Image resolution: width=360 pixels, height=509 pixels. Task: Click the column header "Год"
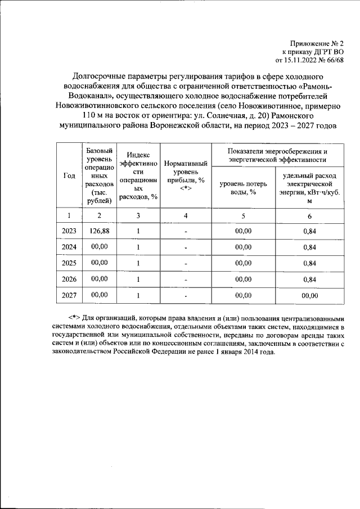point(69,175)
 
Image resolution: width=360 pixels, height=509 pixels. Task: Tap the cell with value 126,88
point(99,231)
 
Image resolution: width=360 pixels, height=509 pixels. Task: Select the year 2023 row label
point(69,231)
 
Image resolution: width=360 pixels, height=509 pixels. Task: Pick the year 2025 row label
point(69,263)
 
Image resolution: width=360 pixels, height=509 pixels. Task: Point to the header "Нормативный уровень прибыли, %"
point(186,175)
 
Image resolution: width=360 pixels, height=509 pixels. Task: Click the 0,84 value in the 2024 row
point(309,247)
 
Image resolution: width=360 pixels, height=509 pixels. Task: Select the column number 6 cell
point(309,215)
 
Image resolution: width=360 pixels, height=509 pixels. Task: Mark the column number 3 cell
point(138,215)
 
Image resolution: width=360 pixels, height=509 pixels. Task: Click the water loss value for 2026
point(242,278)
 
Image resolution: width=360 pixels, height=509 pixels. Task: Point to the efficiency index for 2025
point(138,263)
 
